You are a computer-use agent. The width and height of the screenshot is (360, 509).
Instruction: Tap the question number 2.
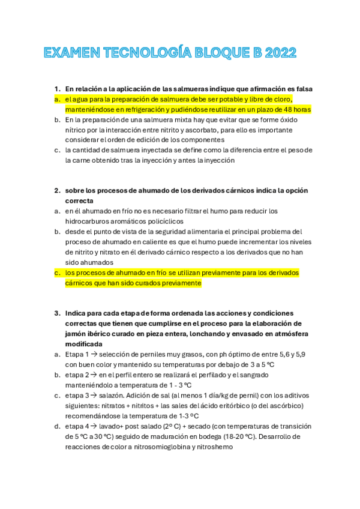pos(57,190)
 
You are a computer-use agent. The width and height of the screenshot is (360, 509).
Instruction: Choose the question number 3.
pos(57,313)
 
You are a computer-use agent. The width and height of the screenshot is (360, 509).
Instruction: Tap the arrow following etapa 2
pos(91,375)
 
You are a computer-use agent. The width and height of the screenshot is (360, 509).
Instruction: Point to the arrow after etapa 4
pos(91,426)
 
